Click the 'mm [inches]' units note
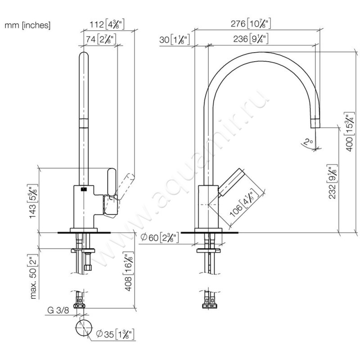(28, 26)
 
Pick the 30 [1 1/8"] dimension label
(175, 40)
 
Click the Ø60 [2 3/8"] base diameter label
(159, 238)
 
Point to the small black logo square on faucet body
(83, 189)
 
